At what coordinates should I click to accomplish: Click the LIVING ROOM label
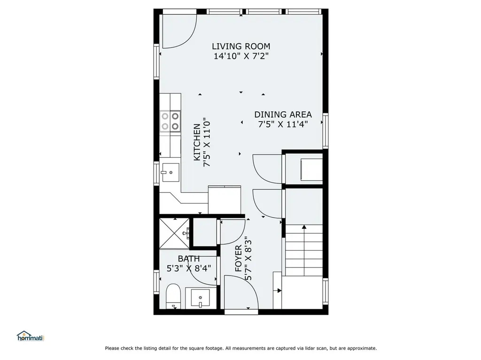240,46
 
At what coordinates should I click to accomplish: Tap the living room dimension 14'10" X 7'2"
240,56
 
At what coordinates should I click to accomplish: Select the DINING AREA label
283,114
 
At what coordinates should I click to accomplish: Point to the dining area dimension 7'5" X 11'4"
283,124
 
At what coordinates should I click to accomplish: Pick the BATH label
188,259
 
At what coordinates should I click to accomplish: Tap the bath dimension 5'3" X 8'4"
188,268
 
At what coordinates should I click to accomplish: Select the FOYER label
238,259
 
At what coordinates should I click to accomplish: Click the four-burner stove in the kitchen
170,120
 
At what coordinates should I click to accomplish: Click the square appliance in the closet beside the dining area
310,170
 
